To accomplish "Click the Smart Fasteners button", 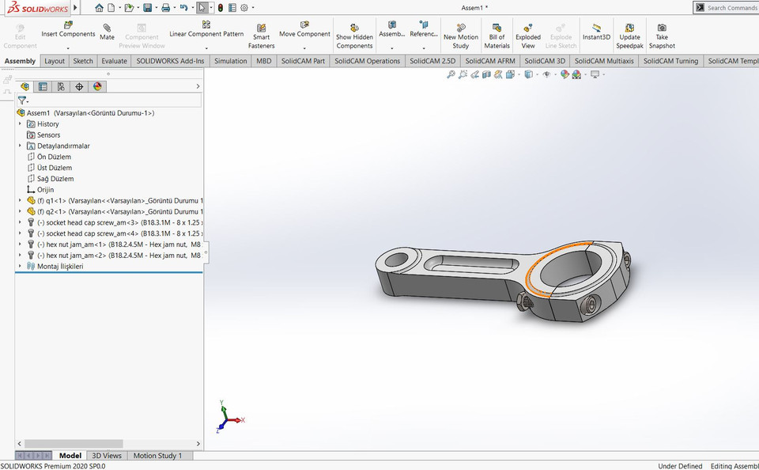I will click(x=261, y=36).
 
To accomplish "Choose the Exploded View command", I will click(x=528, y=36).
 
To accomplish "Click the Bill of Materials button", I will click(x=497, y=36).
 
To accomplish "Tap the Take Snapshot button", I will click(x=662, y=36).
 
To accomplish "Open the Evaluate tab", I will click(x=114, y=61).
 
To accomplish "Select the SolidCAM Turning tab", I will click(x=670, y=61).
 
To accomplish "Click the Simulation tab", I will click(x=230, y=61).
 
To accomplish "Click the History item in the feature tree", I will click(x=47, y=124).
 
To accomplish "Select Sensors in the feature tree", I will click(x=48, y=135).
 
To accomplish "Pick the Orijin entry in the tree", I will click(x=45, y=190).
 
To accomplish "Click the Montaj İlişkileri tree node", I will click(x=59, y=267).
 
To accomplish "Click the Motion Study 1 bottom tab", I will click(x=157, y=456).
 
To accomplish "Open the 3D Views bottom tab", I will click(x=107, y=456).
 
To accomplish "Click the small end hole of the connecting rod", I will click(x=394, y=258).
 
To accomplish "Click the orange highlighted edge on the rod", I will click(x=553, y=252).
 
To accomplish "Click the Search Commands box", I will click(x=726, y=8).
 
